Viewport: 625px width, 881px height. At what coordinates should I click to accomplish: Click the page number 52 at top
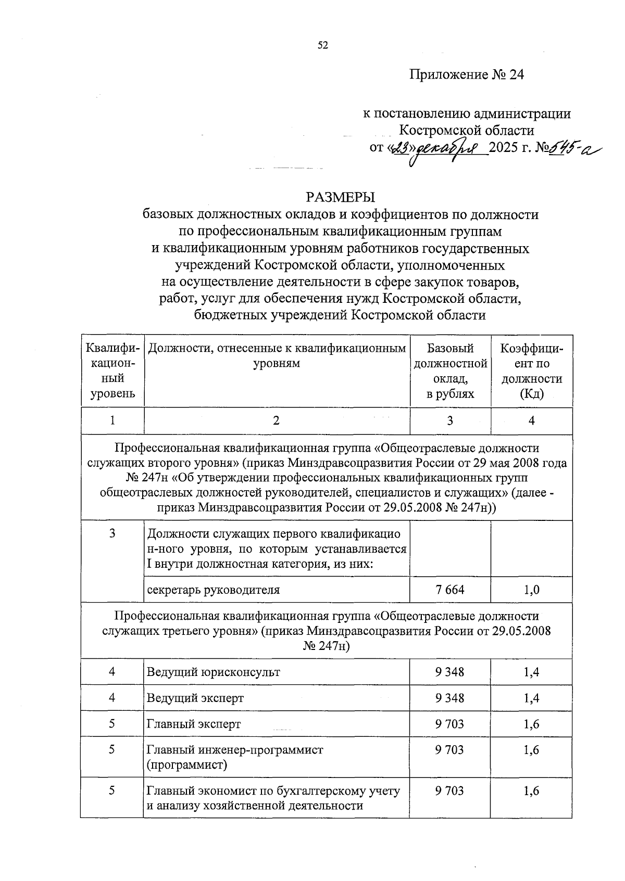click(x=323, y=46)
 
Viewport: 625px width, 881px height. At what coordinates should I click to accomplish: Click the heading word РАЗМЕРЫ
click(x=341, y=197)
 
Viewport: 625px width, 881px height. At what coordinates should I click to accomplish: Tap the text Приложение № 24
click(x=466, y=75)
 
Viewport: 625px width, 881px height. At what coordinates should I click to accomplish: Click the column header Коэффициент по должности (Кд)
click(x=531, y=371)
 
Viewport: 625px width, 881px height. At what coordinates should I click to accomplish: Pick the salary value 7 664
click(x=450, y=590)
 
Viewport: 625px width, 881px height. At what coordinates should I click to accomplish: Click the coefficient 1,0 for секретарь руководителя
click(x=531, y=590)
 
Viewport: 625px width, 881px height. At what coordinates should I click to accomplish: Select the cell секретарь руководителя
click(x=214, y=590)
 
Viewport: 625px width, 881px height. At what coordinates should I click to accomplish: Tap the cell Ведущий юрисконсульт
click(x=214, y=672)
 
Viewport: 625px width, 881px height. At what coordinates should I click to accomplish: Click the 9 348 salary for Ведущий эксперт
click(x=450, y=698)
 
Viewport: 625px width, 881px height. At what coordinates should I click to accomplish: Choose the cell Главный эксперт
click(x=194, y=724)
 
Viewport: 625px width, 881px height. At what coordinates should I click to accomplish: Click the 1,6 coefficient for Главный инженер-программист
click(x=531, y=750)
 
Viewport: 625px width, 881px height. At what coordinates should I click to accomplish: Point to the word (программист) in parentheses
click(x=187, y=765)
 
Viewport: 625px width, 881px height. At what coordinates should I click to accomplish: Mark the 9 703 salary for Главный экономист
click(x=450, y=791)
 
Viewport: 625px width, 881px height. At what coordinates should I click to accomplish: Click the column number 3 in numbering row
click(x=450, y=420)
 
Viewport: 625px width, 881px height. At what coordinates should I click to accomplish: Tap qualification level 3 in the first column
click(x=112, y=533)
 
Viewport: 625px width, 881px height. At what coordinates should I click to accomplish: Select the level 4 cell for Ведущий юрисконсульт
click(x=112, y=672)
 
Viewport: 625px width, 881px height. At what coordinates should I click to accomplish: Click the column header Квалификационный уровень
click(x=113, y=371)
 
